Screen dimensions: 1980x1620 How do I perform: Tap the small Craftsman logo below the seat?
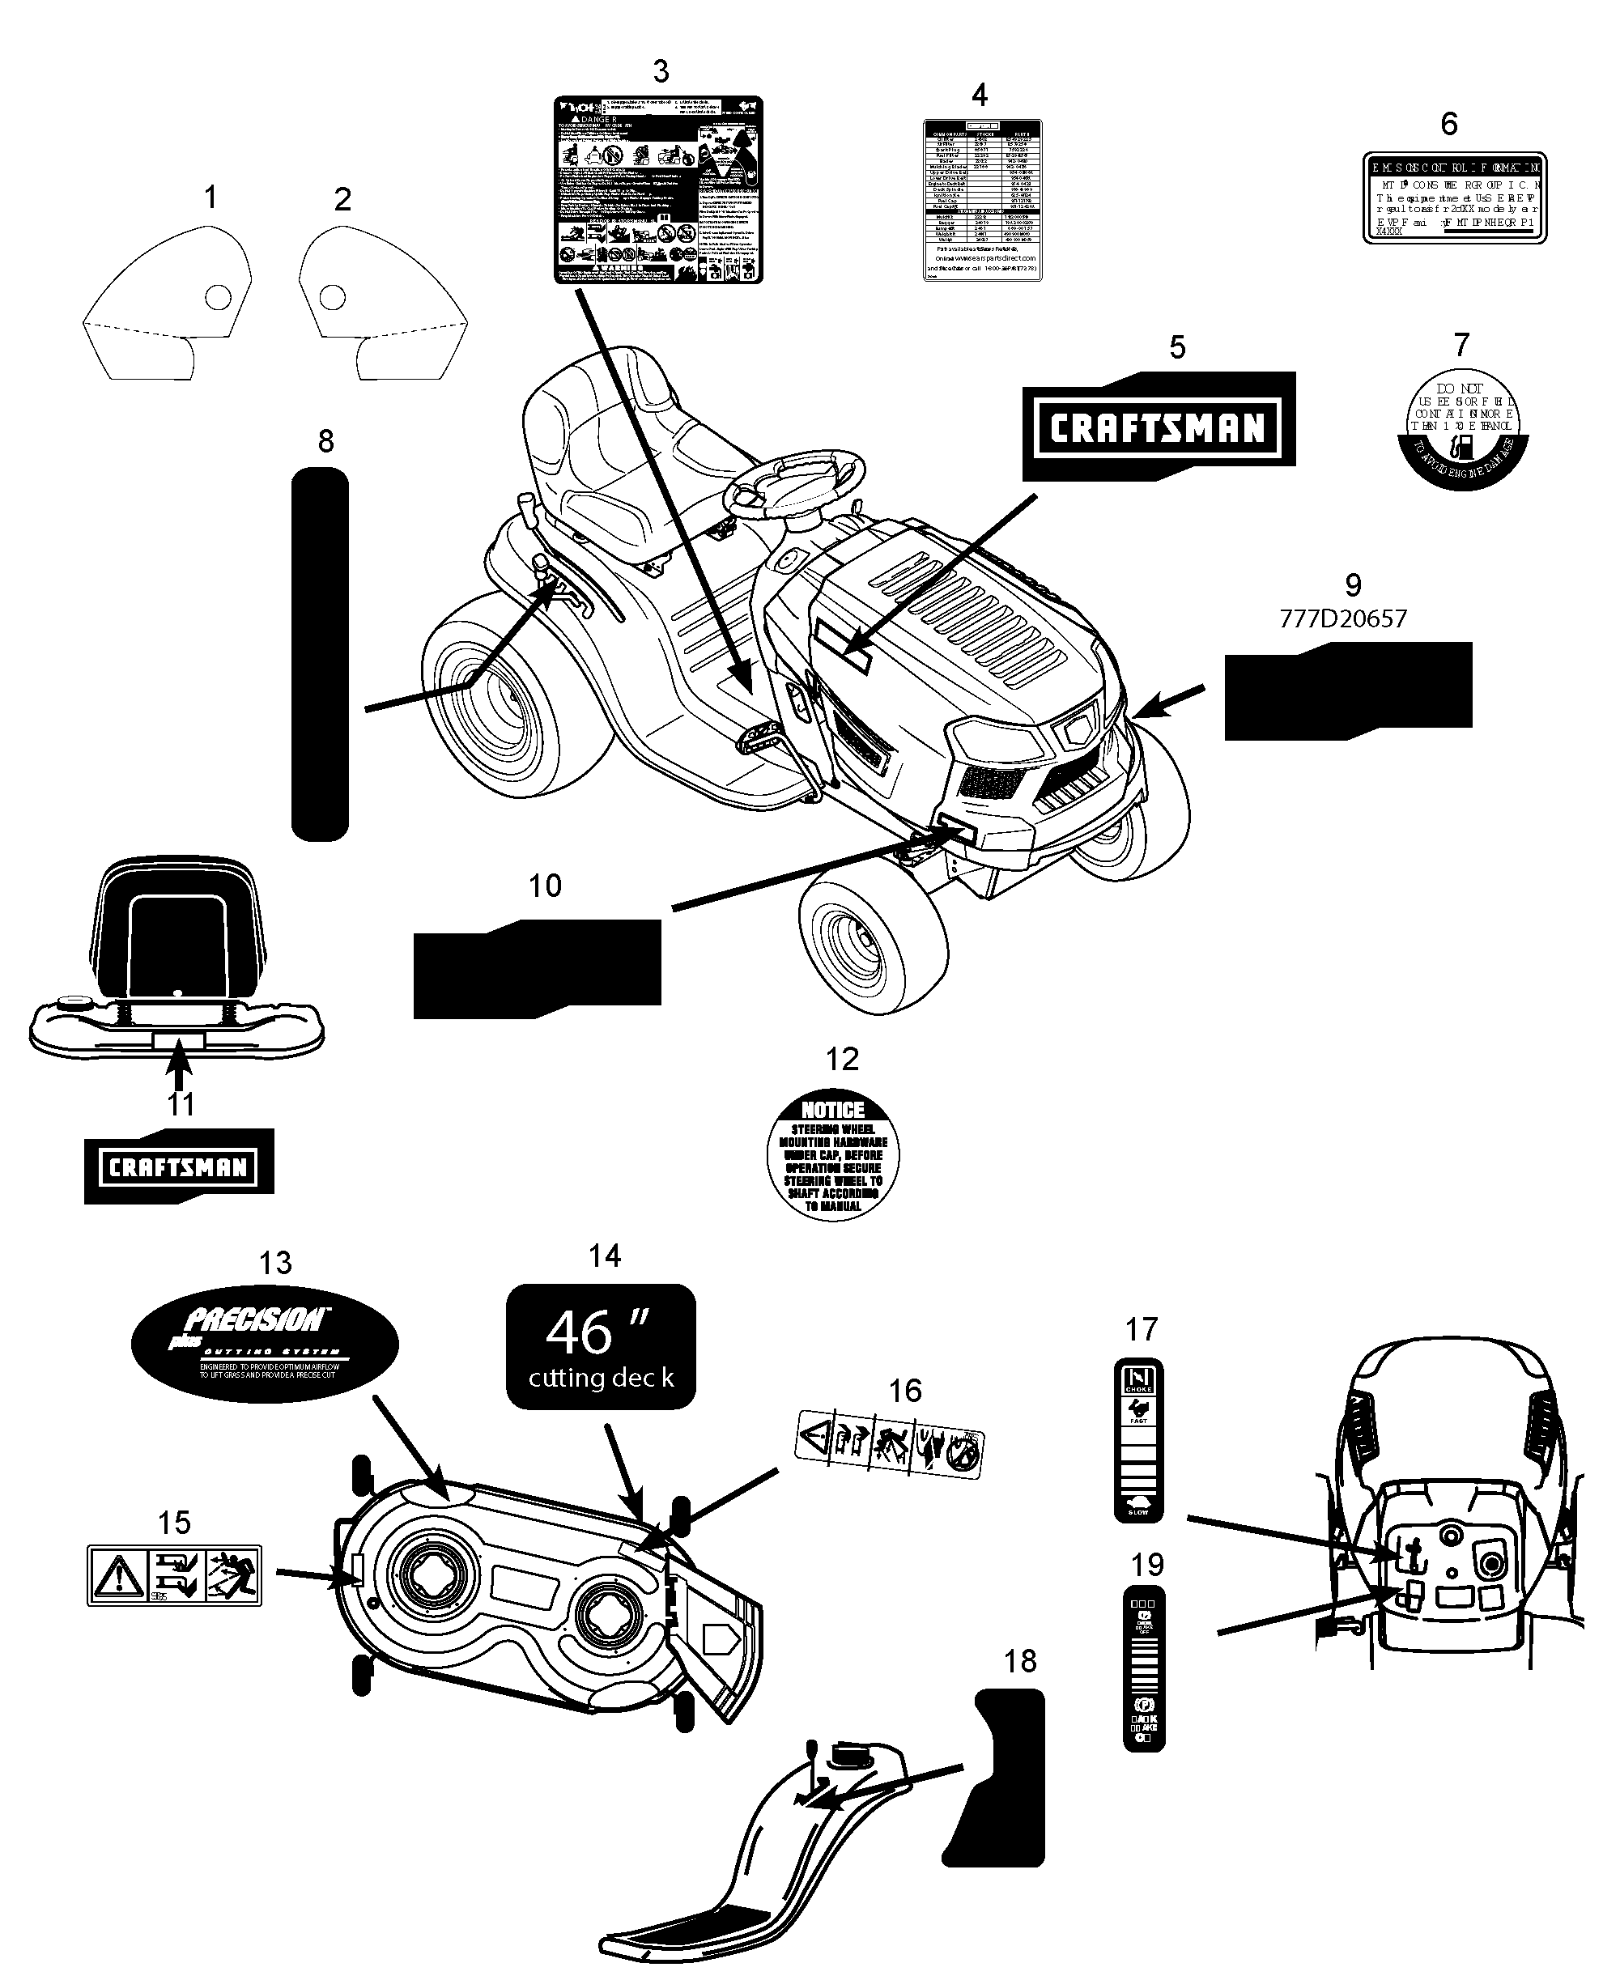[178, 1166]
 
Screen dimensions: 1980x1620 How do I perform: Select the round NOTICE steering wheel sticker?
[832, 1155]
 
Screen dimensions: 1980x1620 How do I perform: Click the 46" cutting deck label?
[601, 1346]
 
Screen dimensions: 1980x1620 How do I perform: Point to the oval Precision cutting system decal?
[264, 1345]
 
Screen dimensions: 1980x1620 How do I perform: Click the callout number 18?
[1020, 1661]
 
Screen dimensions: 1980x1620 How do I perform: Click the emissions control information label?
[1454, 198]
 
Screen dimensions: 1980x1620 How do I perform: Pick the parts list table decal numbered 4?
[982, 200]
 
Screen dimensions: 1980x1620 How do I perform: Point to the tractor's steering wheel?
[798, 481]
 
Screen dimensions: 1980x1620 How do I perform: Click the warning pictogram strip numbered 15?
[175, 1576]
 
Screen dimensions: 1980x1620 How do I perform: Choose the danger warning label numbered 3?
[658, 189]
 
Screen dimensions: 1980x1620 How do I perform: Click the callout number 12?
[842, 1059]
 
